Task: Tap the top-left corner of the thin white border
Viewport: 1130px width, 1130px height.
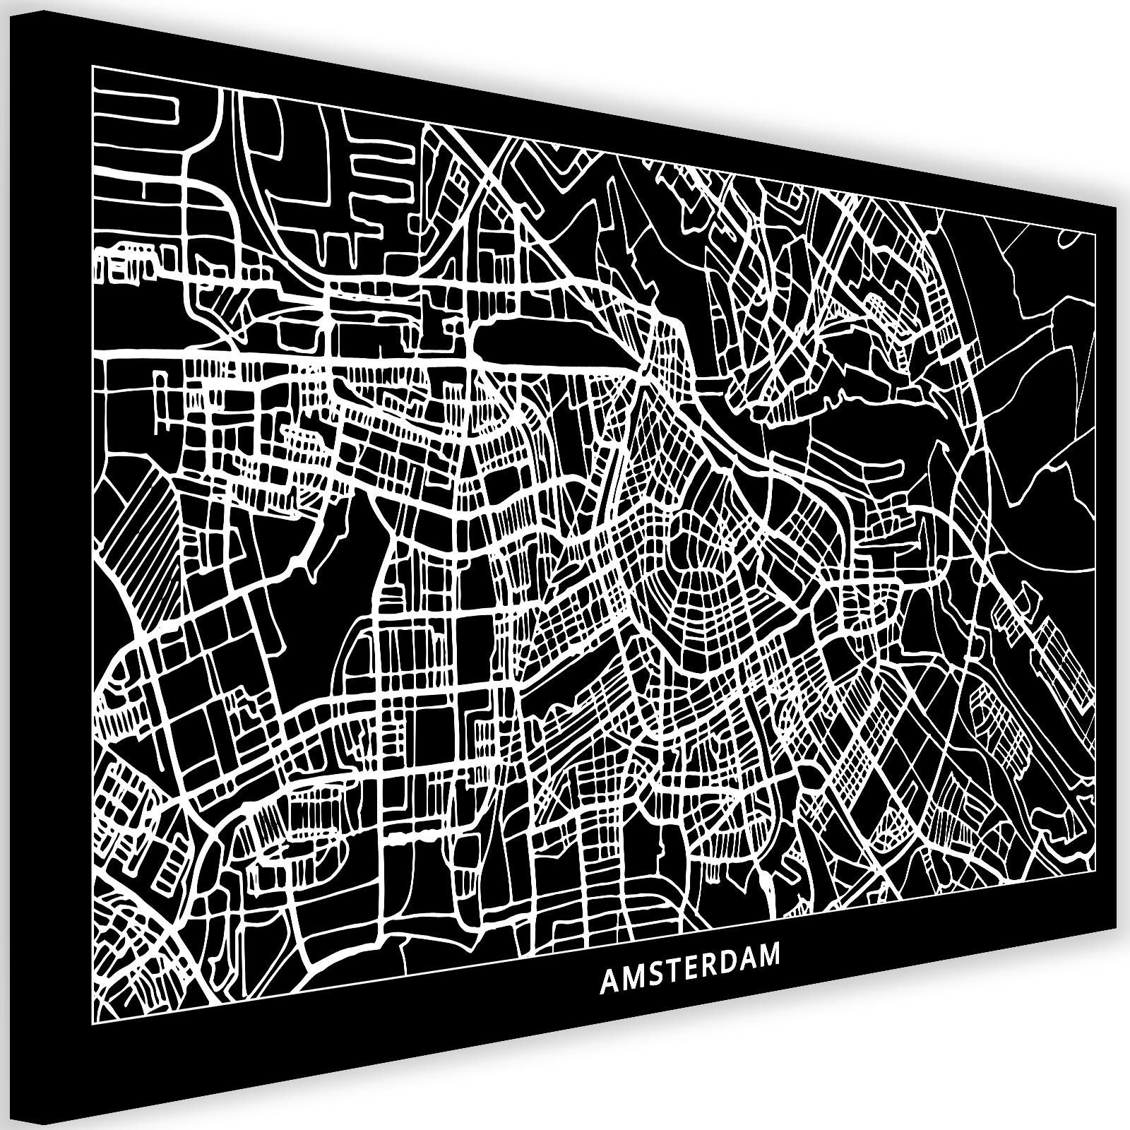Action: click(93, 66)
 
